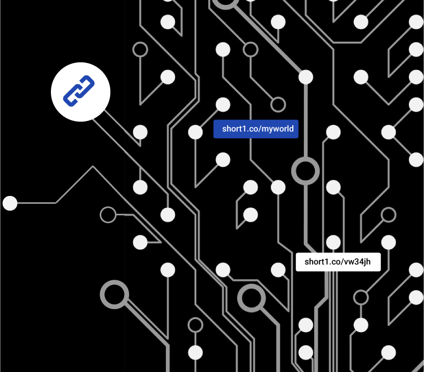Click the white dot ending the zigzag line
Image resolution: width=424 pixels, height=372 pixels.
10,203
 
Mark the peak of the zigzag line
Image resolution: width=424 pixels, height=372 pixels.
93,167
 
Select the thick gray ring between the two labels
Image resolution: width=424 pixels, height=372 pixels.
305,171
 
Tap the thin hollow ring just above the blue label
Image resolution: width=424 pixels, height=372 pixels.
278,104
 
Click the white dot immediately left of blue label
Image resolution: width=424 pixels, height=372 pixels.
195,132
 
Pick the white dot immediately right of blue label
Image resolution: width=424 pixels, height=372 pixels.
333,132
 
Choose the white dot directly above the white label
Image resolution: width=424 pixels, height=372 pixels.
333,242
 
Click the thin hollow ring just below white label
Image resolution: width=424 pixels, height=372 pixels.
361,297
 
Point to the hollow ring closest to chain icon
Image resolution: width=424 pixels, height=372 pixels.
140,50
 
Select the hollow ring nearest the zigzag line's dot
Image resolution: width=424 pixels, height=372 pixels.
108,215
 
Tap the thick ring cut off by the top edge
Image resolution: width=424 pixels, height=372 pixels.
225,3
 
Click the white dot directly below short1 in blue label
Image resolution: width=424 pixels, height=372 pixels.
223,159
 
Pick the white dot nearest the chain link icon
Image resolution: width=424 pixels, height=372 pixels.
140,132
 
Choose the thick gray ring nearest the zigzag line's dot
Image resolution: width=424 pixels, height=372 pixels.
114,294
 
